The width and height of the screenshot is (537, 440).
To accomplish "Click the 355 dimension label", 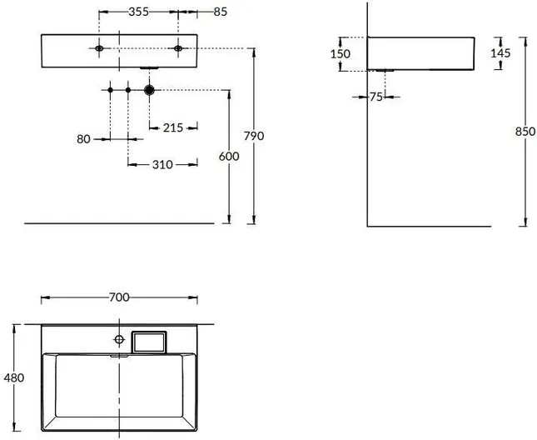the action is click(139, 12).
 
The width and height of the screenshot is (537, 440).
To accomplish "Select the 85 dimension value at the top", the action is click(220, 12).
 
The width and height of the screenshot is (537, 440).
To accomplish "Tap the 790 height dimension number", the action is click(254, 136).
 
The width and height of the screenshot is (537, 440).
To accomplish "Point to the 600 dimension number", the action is click(229, 157).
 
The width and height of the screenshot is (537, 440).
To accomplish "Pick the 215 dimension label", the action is click(173, 127).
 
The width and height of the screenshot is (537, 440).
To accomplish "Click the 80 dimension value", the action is click(83, 139).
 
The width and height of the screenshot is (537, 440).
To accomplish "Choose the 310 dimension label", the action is click(162, 165).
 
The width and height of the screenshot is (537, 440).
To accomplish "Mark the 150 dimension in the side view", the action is click(341, 54).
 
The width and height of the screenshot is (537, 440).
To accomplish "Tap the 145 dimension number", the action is click(500, 53).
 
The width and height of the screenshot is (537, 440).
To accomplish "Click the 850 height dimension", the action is click(525, 131).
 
